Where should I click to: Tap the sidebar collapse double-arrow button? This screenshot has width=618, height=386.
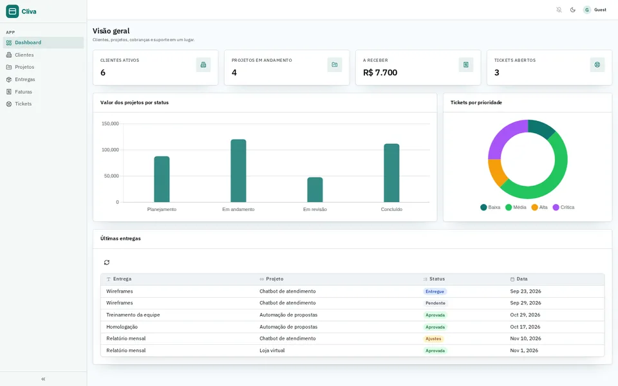(x=43, y=379)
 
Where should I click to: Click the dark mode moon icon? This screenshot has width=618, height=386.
(x=573, y=10)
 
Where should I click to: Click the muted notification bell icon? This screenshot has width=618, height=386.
(x=559, y=10)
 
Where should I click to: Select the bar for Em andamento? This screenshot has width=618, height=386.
(x=238, y=170)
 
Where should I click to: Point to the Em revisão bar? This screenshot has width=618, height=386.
(x=315, y=190)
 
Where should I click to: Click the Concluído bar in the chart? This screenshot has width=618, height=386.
(x=391, y=173)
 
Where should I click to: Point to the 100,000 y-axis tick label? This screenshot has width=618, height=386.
(x=110, y=150)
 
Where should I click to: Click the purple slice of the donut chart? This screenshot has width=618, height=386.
(x=504, y=136)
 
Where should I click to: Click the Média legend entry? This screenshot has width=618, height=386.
(x=516, y=207)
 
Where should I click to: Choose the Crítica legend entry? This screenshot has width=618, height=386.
(x=564, y=207)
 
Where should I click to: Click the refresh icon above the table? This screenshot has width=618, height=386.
(x=107, y=262)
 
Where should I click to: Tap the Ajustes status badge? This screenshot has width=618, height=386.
(x=433, y=339)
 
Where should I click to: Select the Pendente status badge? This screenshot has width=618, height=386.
(x=435, y=303)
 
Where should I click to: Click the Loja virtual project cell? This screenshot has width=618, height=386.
(x=272, y=350)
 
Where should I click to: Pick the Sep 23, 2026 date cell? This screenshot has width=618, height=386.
(x=525, y=291)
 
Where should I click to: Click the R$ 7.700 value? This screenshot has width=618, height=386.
(x=380, y=73)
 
